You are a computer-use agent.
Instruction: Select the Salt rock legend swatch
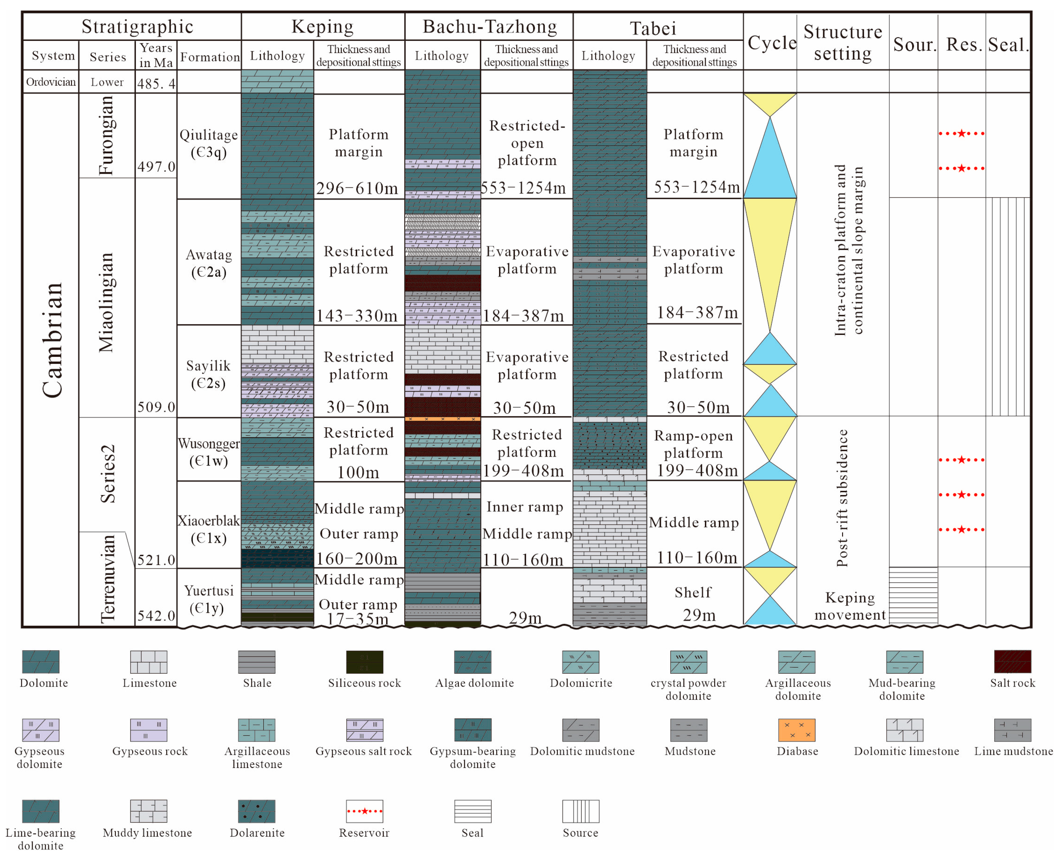pos(1012,662)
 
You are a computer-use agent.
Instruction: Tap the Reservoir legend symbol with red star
pos(364,811)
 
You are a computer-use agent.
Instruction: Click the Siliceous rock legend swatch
pos(364,662)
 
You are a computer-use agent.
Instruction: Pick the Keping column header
pos(322,26)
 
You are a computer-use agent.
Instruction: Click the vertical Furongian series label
pos(106,135)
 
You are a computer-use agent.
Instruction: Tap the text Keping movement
pos(849,606)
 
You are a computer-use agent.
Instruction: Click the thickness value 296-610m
pos(357,188)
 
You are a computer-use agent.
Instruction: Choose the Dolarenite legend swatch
pos(256,811)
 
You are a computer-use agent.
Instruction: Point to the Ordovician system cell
pos(51,82)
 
